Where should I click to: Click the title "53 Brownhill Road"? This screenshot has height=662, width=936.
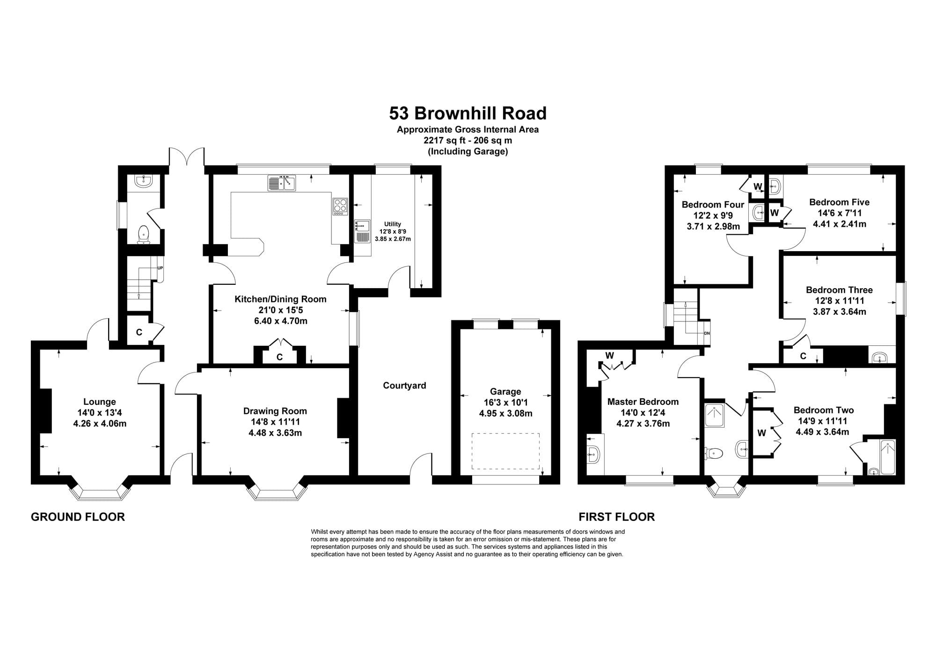click(x=468, y=113)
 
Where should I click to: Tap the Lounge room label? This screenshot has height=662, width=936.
click(x=100, y=402)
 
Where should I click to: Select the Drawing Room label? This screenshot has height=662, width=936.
click(x=275, y=411)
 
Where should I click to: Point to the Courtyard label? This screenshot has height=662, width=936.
click(x=404, y=386)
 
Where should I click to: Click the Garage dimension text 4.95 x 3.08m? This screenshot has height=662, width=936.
click(x=505, y=413)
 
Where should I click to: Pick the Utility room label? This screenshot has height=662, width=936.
click(x=393, y=224)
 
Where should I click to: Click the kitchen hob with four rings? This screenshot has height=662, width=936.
click(x=340, y=207)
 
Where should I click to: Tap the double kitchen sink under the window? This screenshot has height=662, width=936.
click(x=282, y=183)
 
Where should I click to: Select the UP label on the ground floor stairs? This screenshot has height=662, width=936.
click(x=160, y=268)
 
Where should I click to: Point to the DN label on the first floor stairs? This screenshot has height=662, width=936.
click(x=707, y=334)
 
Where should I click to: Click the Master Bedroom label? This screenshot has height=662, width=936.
click(x=643, y=402)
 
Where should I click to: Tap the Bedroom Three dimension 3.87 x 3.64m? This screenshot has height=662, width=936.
click(x=839, y=312)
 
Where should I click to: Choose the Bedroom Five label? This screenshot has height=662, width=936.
click(x=839, y=202)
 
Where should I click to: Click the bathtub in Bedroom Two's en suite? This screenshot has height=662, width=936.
click(x=887, y=457)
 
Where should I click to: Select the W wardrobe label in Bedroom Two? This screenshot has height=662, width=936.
click(x=762, y=433)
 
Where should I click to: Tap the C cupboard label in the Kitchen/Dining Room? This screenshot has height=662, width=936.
click(x=279, y=357)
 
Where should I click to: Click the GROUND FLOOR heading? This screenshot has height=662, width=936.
click(x=78, y=517)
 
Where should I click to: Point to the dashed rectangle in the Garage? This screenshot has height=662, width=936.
click(x=505, y=451)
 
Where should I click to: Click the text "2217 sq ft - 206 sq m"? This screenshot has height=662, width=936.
click(x=468, y=140)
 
